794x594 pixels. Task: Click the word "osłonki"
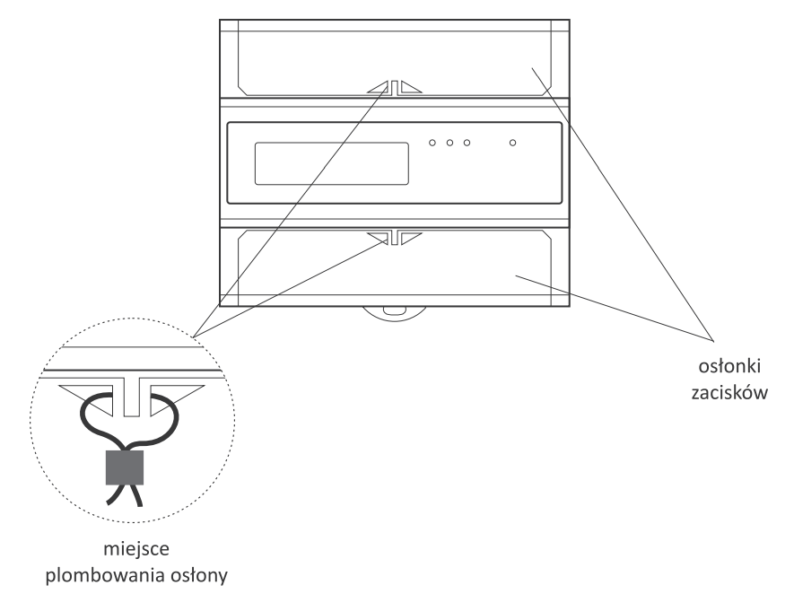729,366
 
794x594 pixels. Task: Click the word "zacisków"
729,393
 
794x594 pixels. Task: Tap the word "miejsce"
136,549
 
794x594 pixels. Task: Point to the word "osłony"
198,576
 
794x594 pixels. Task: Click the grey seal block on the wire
125,467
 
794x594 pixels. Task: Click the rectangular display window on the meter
332,163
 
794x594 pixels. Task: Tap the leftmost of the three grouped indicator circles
432,143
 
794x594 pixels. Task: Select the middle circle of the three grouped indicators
449,143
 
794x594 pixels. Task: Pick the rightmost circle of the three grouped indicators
467,143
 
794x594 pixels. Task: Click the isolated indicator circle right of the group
512,143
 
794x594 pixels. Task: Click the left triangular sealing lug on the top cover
380,89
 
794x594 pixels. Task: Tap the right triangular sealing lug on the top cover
409,89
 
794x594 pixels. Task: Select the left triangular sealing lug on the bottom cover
380,237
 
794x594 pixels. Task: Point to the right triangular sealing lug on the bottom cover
409,237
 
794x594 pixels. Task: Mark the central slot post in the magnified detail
132,397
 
